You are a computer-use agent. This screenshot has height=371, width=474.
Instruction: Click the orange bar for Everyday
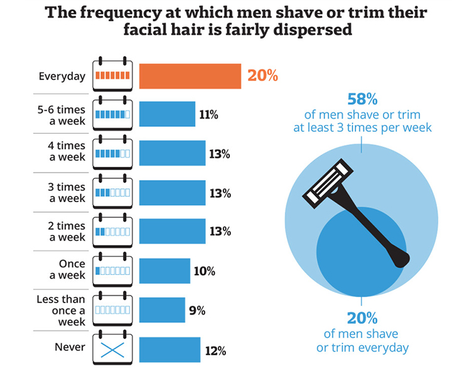190,76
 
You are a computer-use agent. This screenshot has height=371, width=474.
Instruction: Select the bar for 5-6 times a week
167,114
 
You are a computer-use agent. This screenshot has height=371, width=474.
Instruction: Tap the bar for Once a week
164,271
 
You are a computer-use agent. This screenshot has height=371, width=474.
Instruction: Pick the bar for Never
170,350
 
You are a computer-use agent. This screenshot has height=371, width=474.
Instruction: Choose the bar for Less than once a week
162,309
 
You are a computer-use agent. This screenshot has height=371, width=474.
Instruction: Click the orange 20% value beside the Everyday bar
262,76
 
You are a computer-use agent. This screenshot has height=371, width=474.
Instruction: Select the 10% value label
204,271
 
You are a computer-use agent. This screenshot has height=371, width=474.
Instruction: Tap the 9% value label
197,309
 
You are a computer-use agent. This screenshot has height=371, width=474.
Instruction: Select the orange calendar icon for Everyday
112,75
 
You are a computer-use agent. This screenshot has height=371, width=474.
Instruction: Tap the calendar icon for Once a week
112,270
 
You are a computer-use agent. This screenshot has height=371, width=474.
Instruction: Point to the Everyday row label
62,77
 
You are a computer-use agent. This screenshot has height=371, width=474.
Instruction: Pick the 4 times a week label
67,151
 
